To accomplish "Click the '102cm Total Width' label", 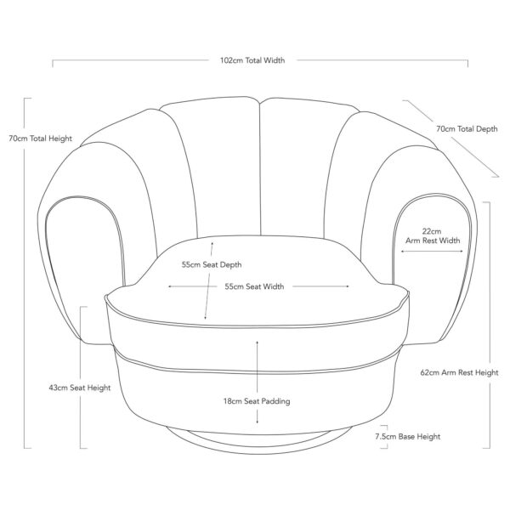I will click(x=252, y=61).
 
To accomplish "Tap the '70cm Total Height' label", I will click(x=40, y=139).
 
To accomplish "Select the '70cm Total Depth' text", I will click(x=466, y=129).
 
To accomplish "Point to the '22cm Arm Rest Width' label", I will click(x=432, y=235).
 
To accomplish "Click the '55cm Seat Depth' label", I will click(x=212, y=263).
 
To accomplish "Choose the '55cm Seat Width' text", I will click(x=254, y=286).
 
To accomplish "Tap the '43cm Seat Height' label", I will click(x=80, y=388).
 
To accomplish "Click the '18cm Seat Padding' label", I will click(x=252, y=401).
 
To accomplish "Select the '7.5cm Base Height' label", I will click(x=407, y=436).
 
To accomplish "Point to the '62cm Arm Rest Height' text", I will click(x=459, y=372).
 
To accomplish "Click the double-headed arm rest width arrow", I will click(x=432, y=251).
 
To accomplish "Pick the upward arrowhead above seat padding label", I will click(x=258, y=339).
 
